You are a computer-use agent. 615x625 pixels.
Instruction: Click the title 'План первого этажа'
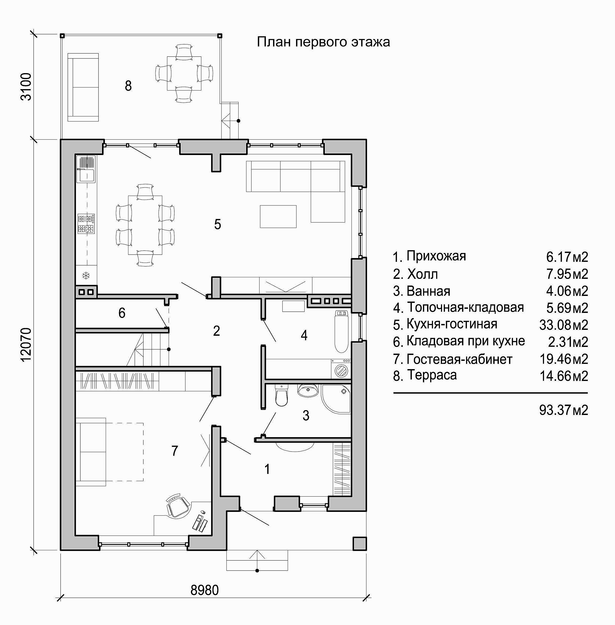point(323,42)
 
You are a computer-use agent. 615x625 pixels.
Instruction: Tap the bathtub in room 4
point(341,331)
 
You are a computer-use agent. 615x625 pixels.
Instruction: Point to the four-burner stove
point(86,224)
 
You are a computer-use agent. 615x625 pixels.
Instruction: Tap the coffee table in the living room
point(278,216)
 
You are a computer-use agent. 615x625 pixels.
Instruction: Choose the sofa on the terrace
point(83,87)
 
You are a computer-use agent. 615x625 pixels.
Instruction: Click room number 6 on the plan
point(122,313)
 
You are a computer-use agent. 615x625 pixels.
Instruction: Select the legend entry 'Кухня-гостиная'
point(452,324)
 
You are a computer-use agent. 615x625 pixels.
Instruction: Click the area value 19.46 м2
point(564,359)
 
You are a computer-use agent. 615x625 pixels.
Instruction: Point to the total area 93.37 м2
point(564,410)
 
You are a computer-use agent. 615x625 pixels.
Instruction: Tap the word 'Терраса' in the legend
point(432,375)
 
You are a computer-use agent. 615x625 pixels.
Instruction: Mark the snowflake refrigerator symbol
point(86,275)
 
